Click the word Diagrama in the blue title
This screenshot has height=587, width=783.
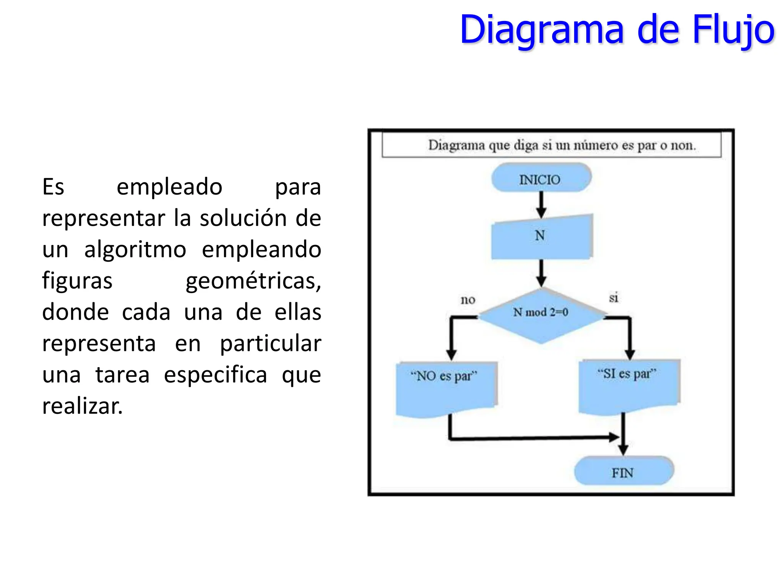(542, 30)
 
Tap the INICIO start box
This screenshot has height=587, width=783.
(541, 178)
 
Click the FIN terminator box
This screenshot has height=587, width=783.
(623, 472)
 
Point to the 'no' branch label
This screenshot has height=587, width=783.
(468, 300)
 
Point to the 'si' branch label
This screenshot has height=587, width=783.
(613, 298)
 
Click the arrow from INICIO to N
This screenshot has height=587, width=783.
(541, 204)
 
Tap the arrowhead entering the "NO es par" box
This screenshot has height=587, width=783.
(452, 355)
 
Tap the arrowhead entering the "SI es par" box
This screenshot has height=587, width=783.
(630, 354)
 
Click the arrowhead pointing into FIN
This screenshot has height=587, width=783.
(623, 449)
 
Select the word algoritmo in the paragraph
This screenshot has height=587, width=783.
(135, 250)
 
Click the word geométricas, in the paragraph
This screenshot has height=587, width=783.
(253, 281)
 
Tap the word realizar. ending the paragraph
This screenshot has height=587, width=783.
(82, 406)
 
